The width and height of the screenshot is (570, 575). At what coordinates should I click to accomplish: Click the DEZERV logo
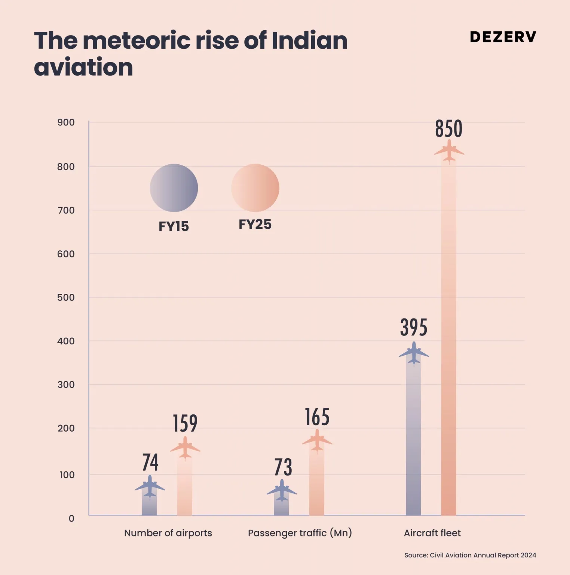[503, 37]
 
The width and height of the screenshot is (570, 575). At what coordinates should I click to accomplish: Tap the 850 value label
[448, 129]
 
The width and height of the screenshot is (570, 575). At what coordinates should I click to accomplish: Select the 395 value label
[414, 328]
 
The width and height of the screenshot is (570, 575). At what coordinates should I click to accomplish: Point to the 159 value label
[185, 423]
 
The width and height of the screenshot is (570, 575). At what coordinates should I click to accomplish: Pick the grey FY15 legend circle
[174, 188]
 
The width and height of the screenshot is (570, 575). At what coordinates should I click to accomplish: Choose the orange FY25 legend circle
[255, 188]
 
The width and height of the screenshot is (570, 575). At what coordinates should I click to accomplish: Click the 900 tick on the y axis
[66, 122]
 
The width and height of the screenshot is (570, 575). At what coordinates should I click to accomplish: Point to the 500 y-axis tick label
[66, 298]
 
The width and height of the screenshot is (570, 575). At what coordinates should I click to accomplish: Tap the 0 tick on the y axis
[71, 518]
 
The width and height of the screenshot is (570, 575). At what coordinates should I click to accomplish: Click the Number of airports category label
[168, 533]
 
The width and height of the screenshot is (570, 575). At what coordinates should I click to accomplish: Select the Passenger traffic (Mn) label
[300, 533]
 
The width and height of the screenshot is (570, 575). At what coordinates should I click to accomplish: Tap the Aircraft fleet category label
[432, 533]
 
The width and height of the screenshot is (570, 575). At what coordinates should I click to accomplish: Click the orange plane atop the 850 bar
[449, 151]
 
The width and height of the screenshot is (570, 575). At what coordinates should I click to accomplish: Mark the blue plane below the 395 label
[414, 353]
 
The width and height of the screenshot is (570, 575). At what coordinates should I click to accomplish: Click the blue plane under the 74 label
[150, 487]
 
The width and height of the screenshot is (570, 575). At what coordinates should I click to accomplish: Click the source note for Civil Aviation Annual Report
[470, 555]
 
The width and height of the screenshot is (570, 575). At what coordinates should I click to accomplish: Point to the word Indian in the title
[309, 40]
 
